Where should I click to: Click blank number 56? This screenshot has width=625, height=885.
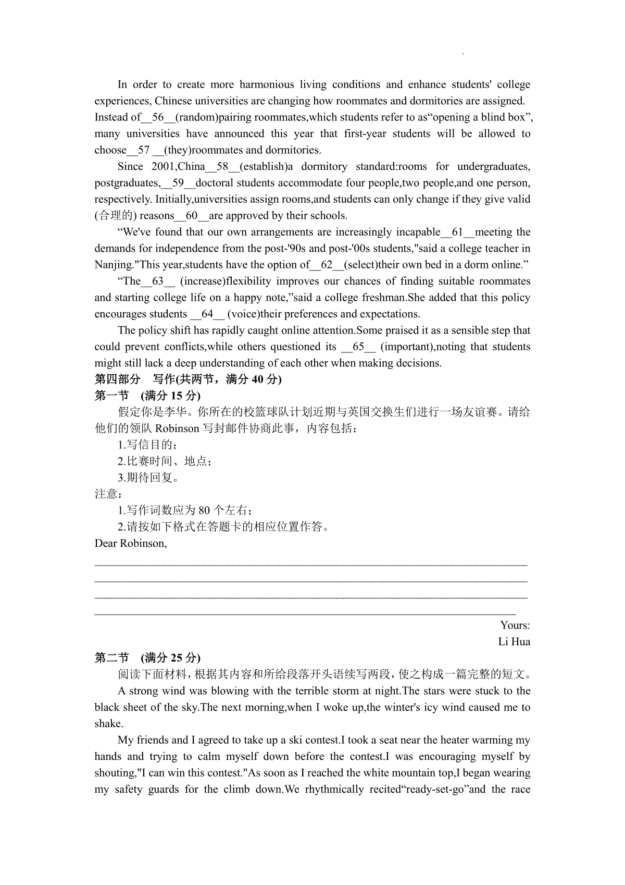point(158,117)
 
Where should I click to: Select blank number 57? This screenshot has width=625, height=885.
point(144,150)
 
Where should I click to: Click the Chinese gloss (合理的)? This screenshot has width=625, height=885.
point(115,216)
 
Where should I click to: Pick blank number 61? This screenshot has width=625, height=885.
point(458,232)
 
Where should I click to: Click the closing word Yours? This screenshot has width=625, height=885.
point(515,625)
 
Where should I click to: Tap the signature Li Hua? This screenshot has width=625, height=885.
point(514,642)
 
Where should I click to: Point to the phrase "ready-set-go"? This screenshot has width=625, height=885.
point(427,789)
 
